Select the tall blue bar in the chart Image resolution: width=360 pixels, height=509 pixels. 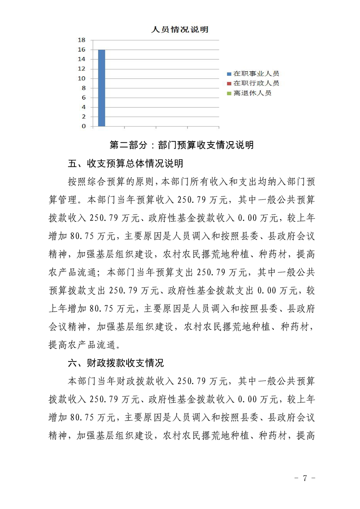tap(102, 88)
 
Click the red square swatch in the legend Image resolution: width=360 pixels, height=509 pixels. tap(229, 83)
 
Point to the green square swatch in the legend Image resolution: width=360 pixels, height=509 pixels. tap(229, 93)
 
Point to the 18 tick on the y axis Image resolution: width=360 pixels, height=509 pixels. tap(82, 40)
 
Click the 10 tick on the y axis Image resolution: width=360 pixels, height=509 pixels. tap(82, 78)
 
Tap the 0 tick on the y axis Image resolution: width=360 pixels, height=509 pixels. tap(84, 126)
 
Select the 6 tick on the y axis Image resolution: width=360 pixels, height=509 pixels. tap(84, 98)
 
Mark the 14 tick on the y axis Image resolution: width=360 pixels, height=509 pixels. tap(82, 59)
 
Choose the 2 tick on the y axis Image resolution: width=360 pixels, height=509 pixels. tap(84, 117)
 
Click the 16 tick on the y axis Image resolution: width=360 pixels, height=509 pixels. tap(82, 49)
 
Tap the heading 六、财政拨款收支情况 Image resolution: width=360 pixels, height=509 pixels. tap(115, 363)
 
